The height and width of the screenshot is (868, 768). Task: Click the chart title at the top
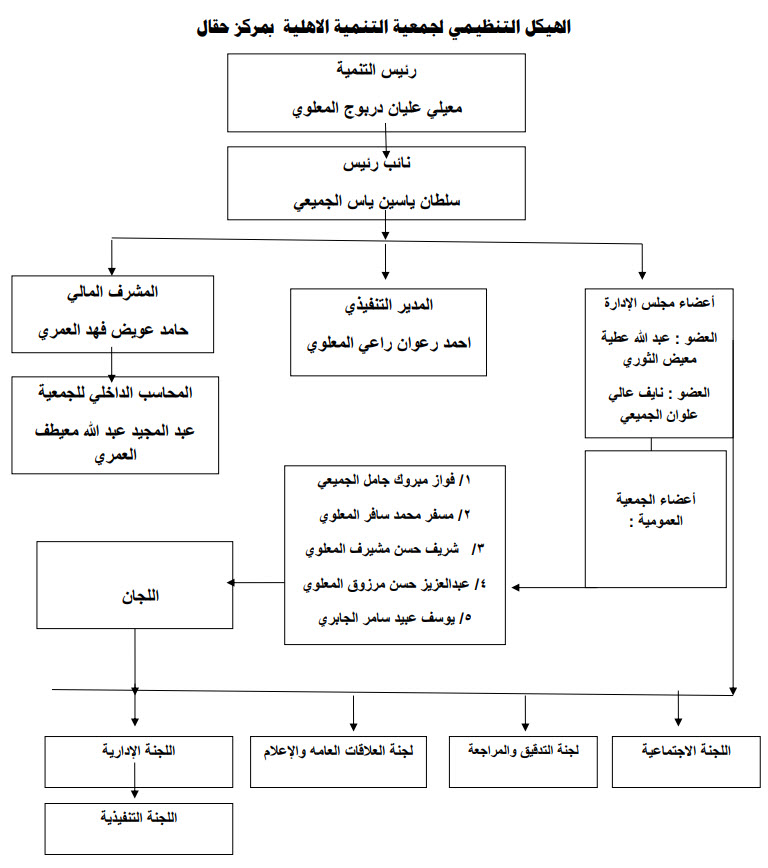[x=383, y=27]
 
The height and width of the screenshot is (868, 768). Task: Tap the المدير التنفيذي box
[x=388, y=332]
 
